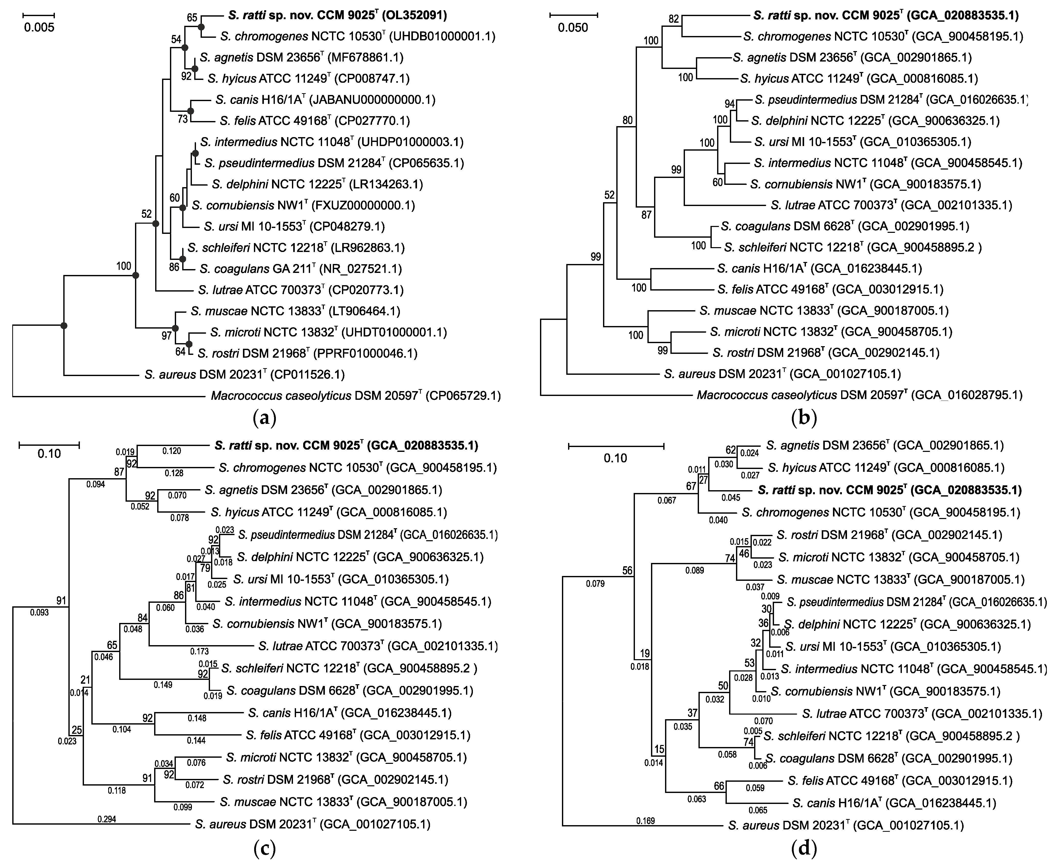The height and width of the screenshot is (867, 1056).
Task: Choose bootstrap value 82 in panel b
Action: (x=673, y=19)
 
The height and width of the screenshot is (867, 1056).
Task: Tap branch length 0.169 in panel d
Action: (x=645, y=821)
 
